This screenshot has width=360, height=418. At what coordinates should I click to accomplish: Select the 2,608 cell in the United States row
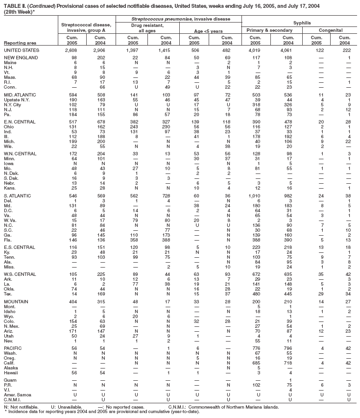72,50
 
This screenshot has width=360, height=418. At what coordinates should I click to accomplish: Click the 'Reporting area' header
18,43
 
